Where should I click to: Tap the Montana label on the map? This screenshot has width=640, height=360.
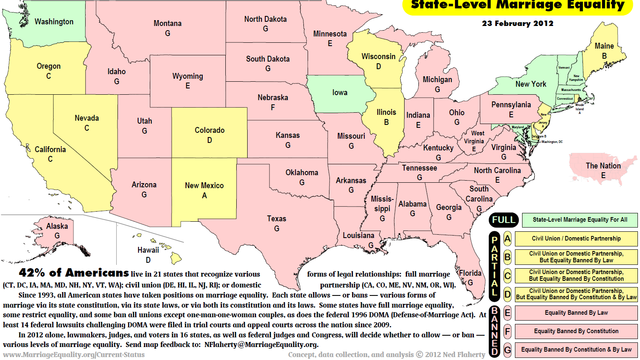[x=168, y=23]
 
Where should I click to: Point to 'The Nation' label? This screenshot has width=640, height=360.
[x=605, y=163]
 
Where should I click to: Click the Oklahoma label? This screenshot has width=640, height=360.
[x=301, y=171]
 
